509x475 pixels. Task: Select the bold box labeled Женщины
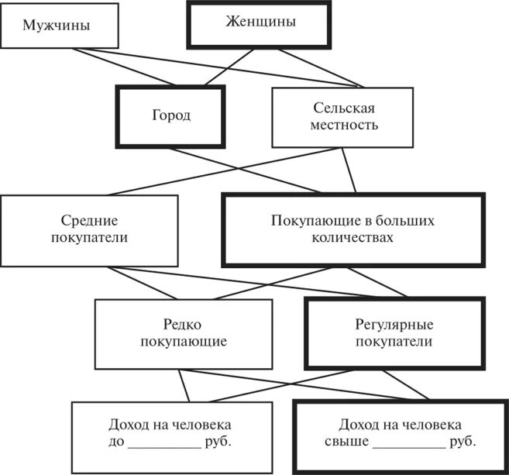point(259,22)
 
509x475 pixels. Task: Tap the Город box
point(170,115)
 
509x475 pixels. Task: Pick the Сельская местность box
point(342,116)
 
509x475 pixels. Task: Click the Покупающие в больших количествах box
point(353,229)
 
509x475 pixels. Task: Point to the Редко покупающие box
point(184,333)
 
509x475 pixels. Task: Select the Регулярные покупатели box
point(378,333)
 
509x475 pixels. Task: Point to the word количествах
point(353,238)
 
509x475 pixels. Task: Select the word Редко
point(184,325)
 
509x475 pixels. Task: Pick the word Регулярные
point(378,325)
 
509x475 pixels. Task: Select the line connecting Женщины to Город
point(229,67)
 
